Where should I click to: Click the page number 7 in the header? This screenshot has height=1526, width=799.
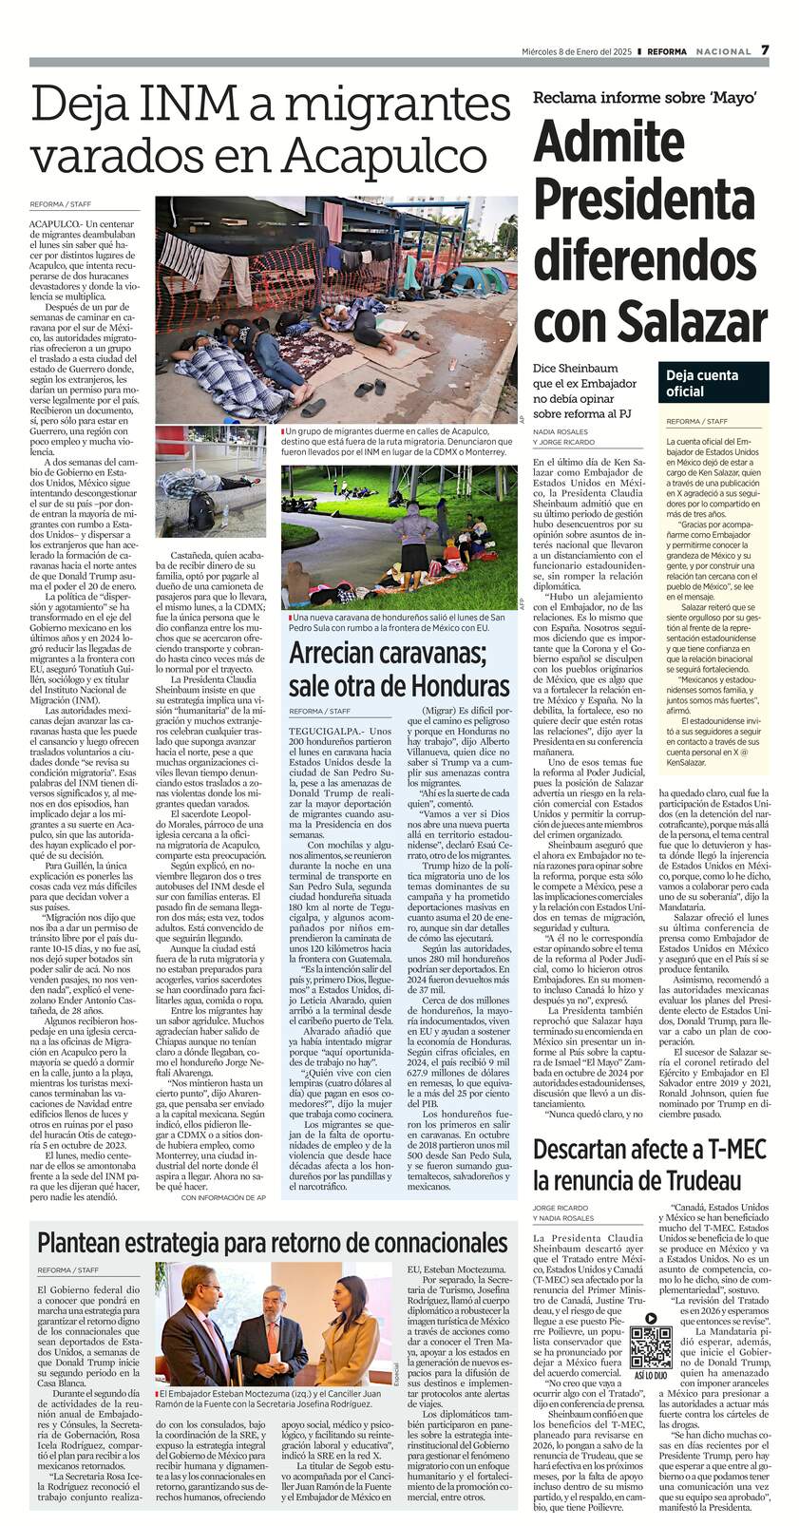click(x=765, y=50)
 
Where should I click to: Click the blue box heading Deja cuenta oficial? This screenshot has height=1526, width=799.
click(x=698, y=383)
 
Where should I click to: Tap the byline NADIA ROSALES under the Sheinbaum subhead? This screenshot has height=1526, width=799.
click(x=561, y=432)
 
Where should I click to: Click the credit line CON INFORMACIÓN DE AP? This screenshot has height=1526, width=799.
click(x=222, y=1199)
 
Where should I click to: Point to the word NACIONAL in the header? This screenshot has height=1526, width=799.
click(x=723, y=51)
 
